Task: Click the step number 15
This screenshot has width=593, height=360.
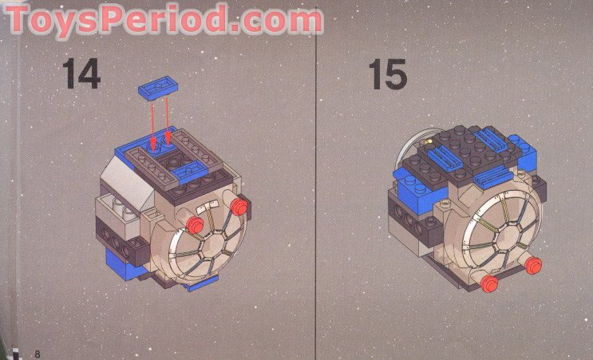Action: [387, 73]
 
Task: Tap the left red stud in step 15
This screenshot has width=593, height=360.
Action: [489, 283]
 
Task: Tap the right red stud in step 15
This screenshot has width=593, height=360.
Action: [532, 265]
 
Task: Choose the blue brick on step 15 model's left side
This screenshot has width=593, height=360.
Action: [412, 182]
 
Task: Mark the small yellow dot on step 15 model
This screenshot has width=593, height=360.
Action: [430, 144]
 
